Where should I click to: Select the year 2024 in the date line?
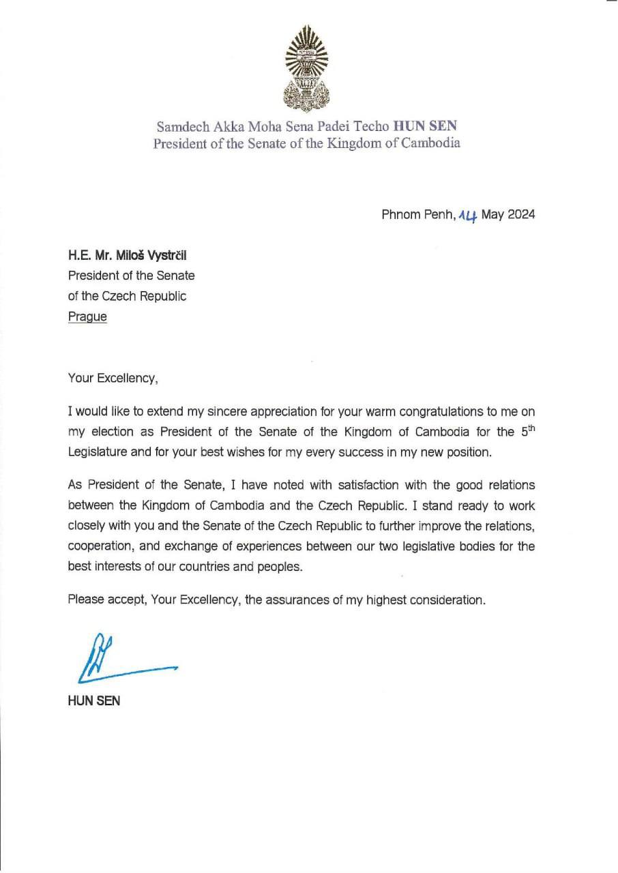pyautogui.click(x=520, y=214)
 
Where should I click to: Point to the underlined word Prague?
pyautogui.click(x=87, y=317)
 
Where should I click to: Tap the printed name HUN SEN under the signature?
pyautogui.click(x=93, y=700)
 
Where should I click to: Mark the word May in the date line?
pyautogui.click(x=492, y=214)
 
